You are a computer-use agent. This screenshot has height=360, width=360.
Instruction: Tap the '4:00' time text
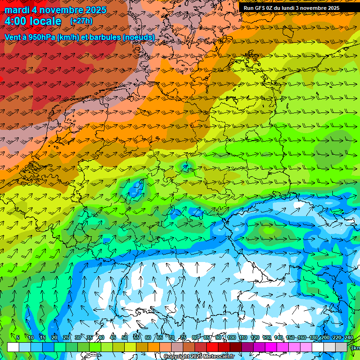click(17, 21)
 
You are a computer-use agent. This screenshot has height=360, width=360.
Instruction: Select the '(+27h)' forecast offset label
click(81, 21)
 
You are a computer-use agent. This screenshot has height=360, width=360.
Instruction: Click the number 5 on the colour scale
click(18, 338)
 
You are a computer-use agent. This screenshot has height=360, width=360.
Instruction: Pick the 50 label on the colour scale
click(125, 338)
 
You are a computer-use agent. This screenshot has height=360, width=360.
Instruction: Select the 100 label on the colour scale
click(231, 338)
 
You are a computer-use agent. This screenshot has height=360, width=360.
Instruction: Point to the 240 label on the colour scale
click(349, 338)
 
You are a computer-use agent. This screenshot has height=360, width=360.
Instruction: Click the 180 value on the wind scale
click(314, 338)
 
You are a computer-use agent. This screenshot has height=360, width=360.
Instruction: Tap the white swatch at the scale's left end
click(13, 347)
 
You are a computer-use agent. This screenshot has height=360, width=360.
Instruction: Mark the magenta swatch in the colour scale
click(271, 347)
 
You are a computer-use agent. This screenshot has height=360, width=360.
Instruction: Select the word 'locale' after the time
click(45, 21)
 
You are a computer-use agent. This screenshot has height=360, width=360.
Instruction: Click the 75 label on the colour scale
click(183, 338)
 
